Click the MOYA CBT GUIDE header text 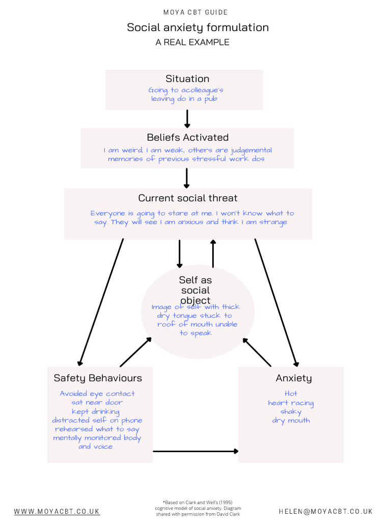195,12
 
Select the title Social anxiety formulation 198,28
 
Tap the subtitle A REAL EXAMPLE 192,42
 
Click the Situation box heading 187,79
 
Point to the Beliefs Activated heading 188,137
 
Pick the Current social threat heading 188,198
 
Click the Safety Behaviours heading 98,378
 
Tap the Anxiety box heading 294,378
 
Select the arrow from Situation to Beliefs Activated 187,119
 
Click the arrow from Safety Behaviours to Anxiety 195,452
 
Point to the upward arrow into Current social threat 213,253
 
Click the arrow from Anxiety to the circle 257,352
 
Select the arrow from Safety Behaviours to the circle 135,352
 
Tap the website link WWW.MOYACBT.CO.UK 57,511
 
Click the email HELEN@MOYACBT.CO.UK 325,511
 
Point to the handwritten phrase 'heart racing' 291,403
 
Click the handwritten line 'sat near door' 97,403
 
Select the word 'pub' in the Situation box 211,99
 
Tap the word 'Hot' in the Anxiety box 291,394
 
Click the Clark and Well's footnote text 198,508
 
